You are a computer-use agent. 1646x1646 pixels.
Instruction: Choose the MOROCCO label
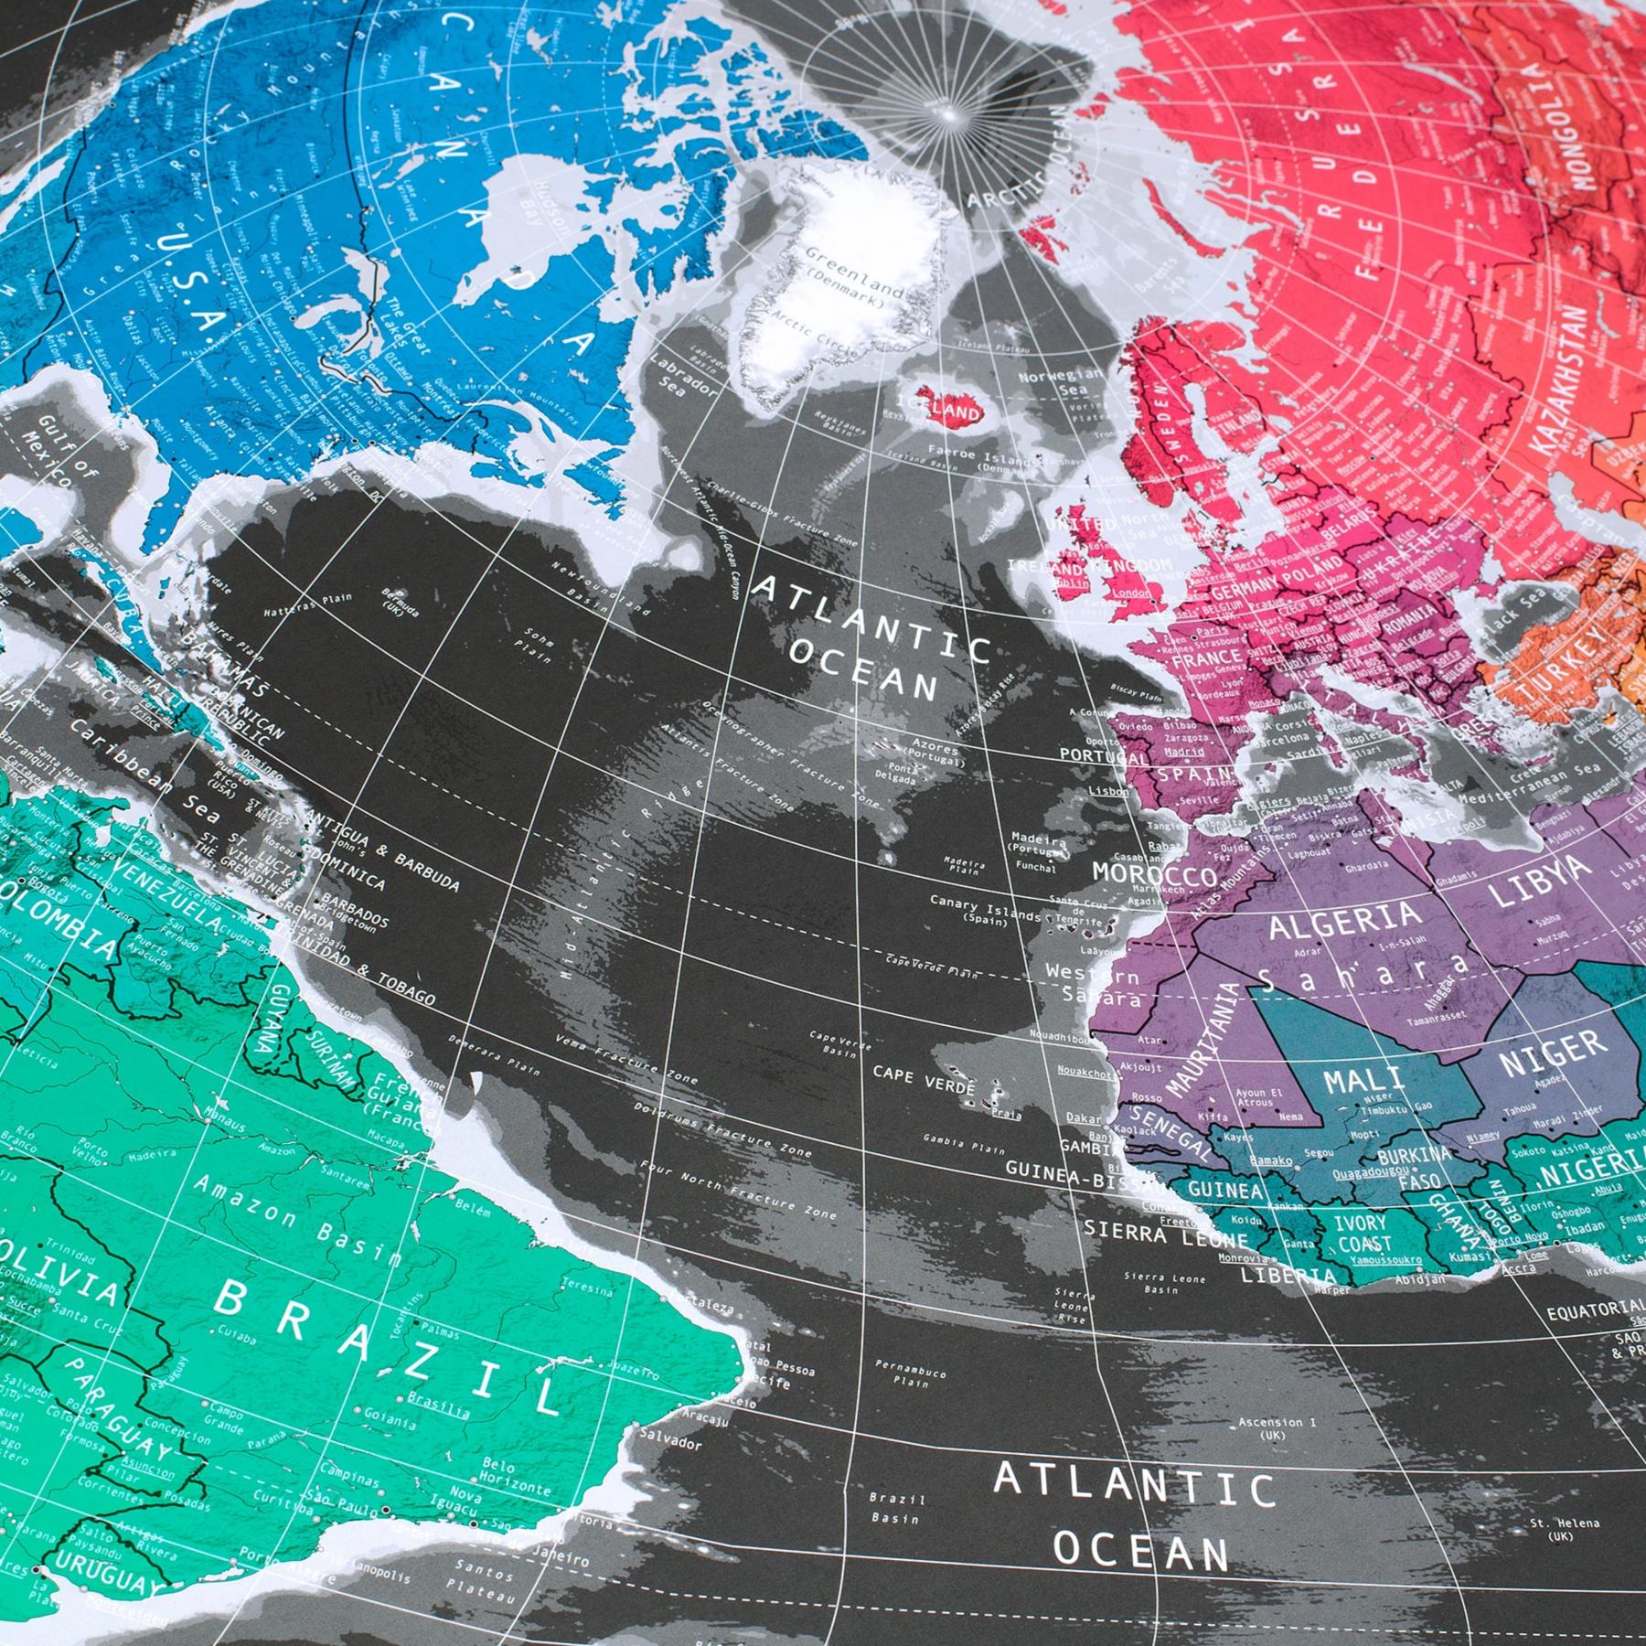1155,872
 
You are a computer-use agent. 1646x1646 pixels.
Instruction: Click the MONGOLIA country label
1601,119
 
